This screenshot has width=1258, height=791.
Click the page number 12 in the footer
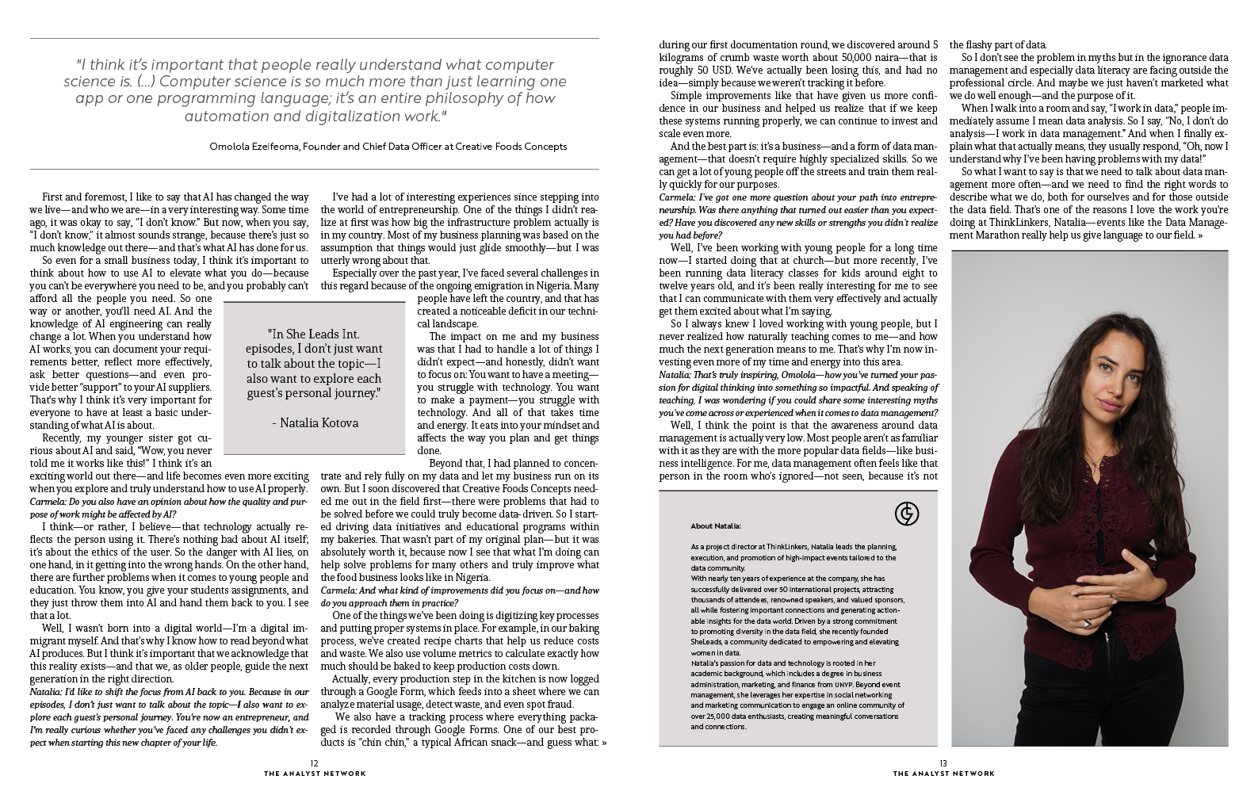coord(314,763)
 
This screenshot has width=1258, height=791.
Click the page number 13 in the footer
coord(943,763)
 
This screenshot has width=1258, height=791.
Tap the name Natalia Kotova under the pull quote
coord(315,422)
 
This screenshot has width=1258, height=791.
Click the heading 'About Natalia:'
coord(716,525)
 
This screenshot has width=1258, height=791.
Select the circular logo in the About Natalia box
coord(906,514)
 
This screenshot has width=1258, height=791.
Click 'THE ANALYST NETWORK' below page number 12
coord(315,774)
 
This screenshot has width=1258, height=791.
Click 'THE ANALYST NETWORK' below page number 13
coord(943,774)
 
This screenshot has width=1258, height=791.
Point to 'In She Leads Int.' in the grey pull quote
coord(315,334)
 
